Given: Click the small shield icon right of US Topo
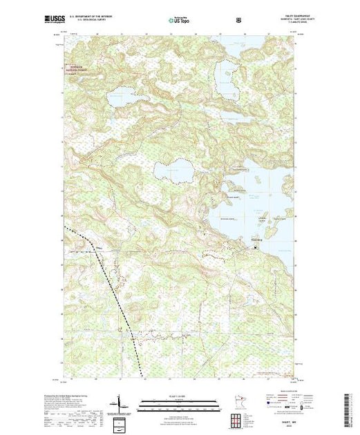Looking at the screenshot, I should point(238,21).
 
